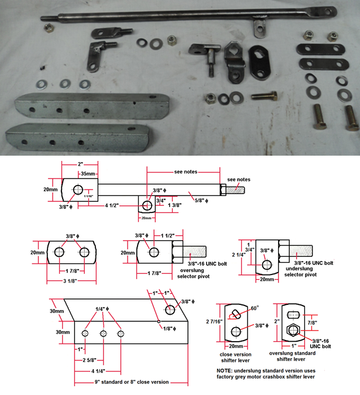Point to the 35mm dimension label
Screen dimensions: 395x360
88,174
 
